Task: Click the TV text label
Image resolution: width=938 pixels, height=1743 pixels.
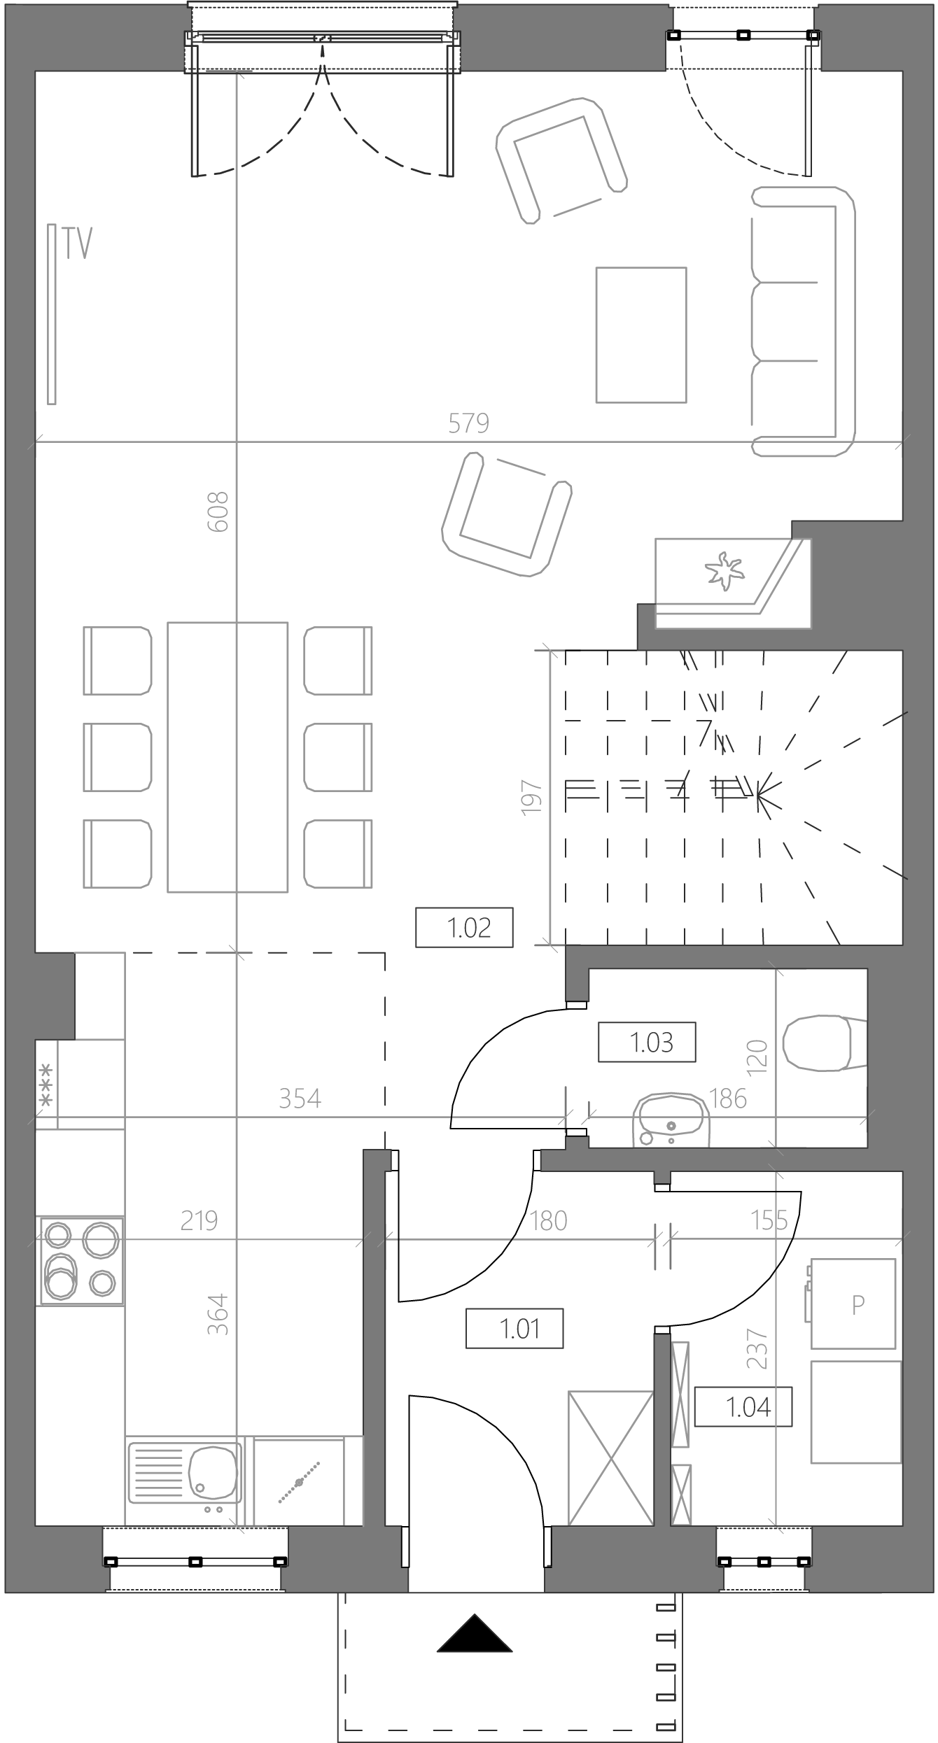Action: tap(78, 243)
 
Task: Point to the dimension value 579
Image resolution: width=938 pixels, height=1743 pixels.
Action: tap(469, 423)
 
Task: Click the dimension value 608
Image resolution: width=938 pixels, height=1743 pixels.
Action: tap(218, 511)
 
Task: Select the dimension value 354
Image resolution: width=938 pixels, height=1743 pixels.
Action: tap(300, 1099)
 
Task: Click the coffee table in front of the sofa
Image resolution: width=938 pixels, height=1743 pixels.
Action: tap(641, 335)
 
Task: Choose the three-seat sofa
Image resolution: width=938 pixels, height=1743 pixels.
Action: tap(803, 322)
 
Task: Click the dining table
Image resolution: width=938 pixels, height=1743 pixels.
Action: tap(227, 757)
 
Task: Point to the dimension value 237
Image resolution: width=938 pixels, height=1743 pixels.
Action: tap(757, 1348)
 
